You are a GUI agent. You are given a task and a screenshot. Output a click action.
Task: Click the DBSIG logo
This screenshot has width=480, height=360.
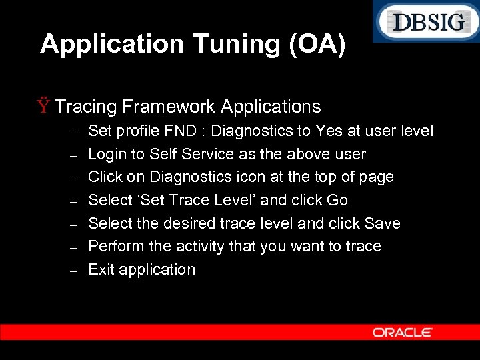click(x=425, y=22)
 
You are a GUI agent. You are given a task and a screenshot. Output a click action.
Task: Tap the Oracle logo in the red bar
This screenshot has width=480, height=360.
click(x=402, y=332)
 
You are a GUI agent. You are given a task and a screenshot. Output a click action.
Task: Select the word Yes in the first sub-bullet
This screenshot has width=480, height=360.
click(x=330, y=131)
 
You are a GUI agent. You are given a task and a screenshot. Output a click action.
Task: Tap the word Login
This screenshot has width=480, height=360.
click(x=107, y=154)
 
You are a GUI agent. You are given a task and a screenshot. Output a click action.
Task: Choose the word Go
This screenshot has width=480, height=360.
click(x=337, y=200)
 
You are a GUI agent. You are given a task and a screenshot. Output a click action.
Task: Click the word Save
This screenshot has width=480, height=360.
click(x=382, y=223)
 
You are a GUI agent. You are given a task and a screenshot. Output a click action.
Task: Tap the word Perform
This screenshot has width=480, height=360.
click(x=116, y=246)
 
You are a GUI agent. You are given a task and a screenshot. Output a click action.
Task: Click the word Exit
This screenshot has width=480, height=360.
click(x=101, y=269)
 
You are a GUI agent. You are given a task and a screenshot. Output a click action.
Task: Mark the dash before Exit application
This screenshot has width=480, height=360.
click(x=75, y=271)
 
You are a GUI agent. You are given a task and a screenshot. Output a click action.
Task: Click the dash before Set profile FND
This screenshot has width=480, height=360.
click(x=75, y=132)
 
